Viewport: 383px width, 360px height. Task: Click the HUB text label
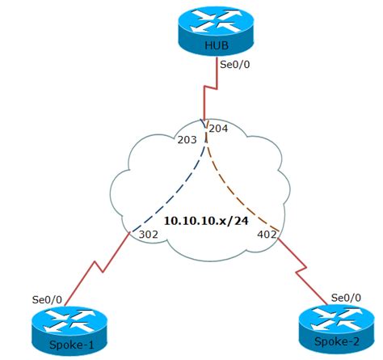(x=217, y=45)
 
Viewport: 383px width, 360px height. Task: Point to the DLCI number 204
(x=219, y=129)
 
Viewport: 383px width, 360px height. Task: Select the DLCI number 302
(x=149, y=235)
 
